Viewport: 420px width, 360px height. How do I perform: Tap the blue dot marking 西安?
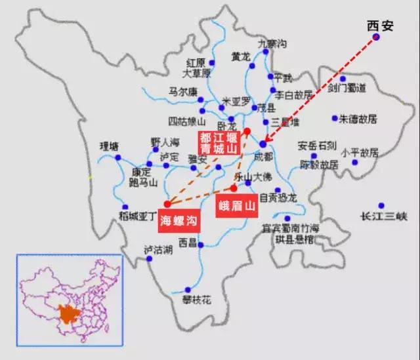377,38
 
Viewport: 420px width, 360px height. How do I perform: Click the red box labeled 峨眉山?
237,206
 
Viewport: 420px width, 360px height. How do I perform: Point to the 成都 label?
262,157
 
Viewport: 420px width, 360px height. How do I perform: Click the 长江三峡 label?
384,216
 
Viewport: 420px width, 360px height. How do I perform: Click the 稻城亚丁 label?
136,215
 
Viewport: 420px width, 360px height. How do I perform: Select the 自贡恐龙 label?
278,197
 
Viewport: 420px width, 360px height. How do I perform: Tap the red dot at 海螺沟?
167,203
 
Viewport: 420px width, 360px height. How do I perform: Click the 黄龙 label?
240,56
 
